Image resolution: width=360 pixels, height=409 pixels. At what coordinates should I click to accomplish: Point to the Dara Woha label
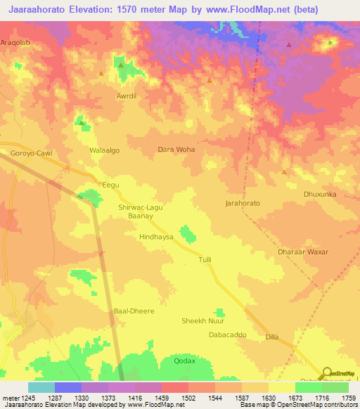(x=176, y=150)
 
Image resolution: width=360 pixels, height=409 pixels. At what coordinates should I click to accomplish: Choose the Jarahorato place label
(x=243, y=203)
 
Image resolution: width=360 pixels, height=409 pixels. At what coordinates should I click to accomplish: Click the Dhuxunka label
(x=320, y=194)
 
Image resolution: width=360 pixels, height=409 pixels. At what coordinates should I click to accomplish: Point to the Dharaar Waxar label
(x=303, y=252)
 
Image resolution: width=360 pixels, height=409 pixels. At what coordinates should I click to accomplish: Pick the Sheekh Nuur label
(x=203, y=321)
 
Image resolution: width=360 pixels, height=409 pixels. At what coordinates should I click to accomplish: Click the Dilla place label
(x=272, y=337)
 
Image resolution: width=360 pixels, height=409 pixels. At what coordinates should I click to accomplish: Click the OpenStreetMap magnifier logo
(x=327, y=372)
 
